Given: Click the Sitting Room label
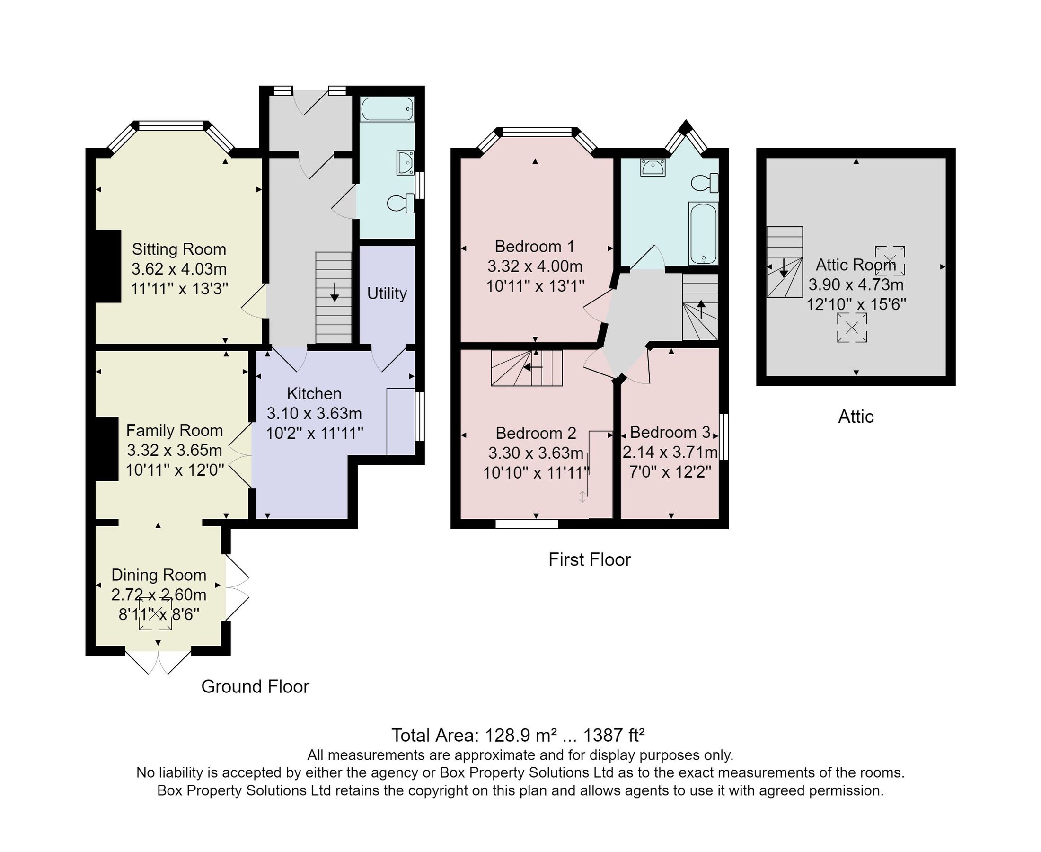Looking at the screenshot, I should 178,249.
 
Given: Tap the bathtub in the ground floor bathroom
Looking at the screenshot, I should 387,108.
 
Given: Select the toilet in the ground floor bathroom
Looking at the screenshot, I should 400,203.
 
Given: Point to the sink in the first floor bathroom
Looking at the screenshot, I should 653,167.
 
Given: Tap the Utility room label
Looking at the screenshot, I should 387,293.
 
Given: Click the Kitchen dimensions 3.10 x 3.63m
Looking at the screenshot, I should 314,413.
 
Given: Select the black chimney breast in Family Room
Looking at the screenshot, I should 106,449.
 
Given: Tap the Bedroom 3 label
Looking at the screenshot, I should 670,432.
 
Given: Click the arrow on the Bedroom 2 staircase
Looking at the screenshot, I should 532,367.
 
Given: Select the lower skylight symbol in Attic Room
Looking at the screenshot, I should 852,328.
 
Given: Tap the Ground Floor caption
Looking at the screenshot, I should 255,687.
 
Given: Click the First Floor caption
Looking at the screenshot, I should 589,559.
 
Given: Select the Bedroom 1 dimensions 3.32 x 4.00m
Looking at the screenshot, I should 535,266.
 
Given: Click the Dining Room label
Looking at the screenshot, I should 159,575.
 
